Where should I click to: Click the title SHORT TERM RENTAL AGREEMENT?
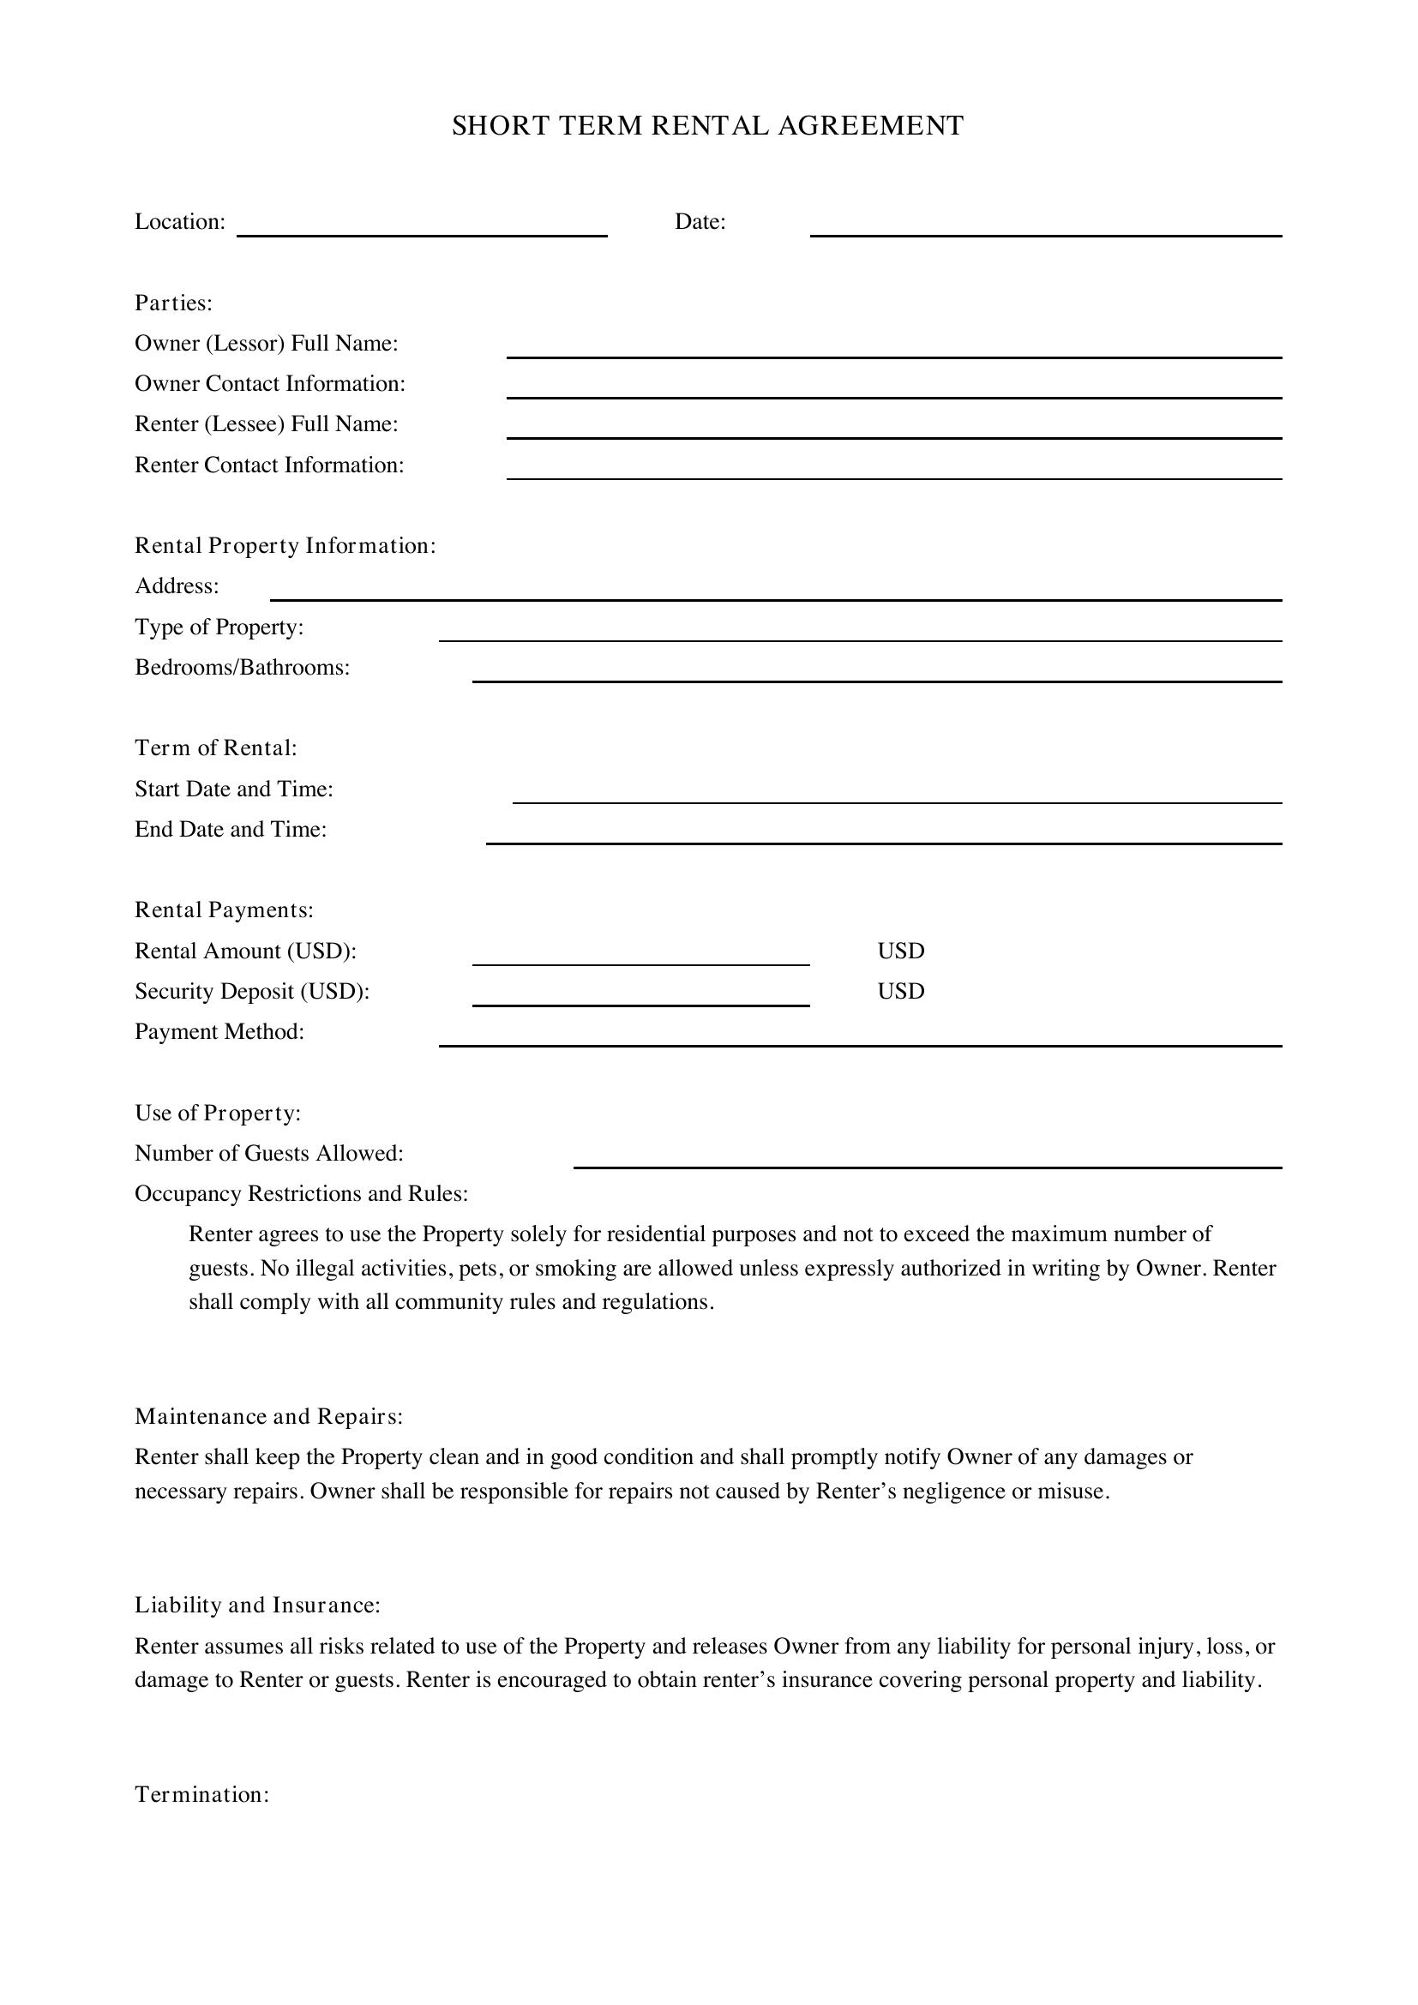click(707, 127)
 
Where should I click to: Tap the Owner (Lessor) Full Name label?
click(267, 343)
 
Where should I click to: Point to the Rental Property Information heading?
click(285, 546)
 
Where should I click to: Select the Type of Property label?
click(219, 627)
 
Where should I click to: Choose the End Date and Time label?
click(231, 830)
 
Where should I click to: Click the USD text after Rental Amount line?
click(900, 951)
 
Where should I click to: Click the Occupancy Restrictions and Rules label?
click(301, 1194)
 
